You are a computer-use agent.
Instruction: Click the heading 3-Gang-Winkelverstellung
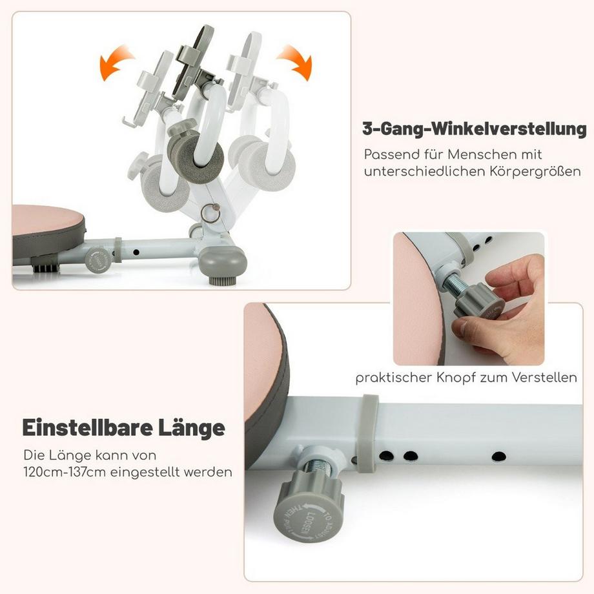coord(474,128)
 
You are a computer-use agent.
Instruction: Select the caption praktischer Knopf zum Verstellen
coord(466,378)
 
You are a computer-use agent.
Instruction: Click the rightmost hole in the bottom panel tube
coord(498,456)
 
